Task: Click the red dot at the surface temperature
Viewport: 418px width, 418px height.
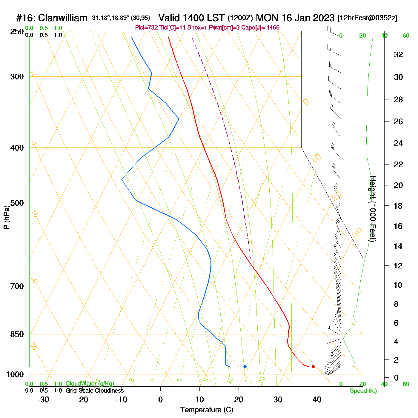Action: (x=313, y=366)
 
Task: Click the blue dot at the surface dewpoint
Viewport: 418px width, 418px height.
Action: (x=245, y=366)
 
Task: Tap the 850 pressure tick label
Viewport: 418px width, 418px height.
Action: (x=17, y=334)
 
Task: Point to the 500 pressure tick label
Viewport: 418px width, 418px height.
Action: (x=17, y=203)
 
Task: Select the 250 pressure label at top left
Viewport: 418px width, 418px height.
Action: (x=17, y=32)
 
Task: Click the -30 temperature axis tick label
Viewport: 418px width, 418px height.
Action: (x=43, y=399)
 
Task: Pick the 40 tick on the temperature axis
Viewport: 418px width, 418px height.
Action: (x=317, y=399)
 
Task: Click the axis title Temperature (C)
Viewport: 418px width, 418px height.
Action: (x=207, y=410)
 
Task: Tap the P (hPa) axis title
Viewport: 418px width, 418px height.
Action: (x=7, y=217)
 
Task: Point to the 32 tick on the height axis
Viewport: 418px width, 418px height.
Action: (x=398, y=54)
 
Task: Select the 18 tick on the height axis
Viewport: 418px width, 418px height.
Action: (x=398, y=206)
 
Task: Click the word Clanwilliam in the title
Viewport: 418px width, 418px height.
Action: (x=63, y=18)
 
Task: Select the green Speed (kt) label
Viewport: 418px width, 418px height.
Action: (x=363, y=391)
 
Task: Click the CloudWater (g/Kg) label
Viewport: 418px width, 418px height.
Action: (x=90, y=384)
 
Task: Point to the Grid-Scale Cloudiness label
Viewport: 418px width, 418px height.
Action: (x=95, y=391)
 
